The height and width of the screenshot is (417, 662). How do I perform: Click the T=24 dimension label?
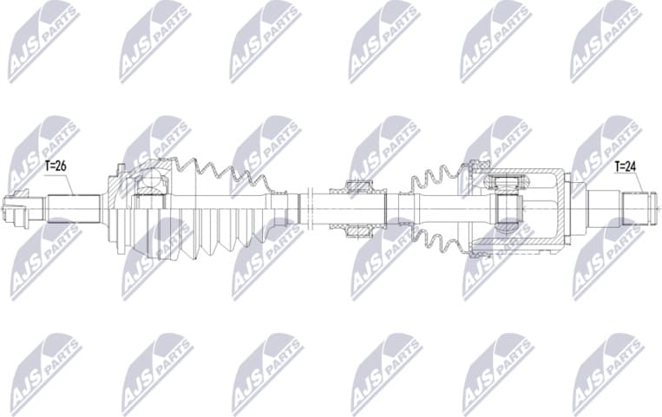[626, 166]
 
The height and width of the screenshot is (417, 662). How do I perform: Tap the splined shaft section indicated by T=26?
[73, 209]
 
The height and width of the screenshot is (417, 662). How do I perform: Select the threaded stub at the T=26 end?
[23, 209]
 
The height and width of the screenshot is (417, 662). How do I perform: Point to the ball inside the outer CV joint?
[153, 181]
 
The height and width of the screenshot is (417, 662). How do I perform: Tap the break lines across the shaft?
[304, 208]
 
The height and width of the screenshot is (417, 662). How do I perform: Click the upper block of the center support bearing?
[359, 187]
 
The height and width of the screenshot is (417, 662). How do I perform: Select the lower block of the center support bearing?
[359, 231]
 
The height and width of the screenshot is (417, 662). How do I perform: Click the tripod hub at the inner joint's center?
[508, 209]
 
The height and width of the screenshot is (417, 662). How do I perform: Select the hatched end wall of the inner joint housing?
[565, 208]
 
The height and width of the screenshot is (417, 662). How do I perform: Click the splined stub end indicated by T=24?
[639, 208]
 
